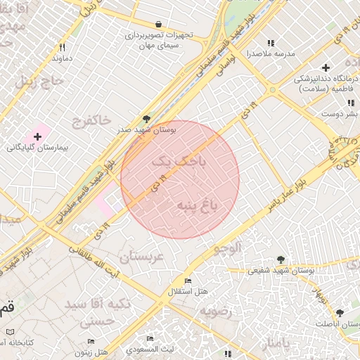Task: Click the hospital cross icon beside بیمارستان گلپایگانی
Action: click(37, 135)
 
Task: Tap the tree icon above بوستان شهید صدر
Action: click(146, 119)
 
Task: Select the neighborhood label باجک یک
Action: click(181, 162)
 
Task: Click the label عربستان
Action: click(141, 257)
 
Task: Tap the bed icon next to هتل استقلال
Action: click(187, 280)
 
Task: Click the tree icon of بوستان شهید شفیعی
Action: click(281, 259)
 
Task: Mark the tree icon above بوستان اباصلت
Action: click(340, 312)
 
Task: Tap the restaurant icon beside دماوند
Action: click(63, 47)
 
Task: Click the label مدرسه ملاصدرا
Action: click(270, 53)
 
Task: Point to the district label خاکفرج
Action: click(91, 122)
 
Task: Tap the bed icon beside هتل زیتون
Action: click(90, 342)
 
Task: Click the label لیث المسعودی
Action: click(150, 349)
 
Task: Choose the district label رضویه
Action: click(215, 310)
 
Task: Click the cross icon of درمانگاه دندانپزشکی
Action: click(325, 67)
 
